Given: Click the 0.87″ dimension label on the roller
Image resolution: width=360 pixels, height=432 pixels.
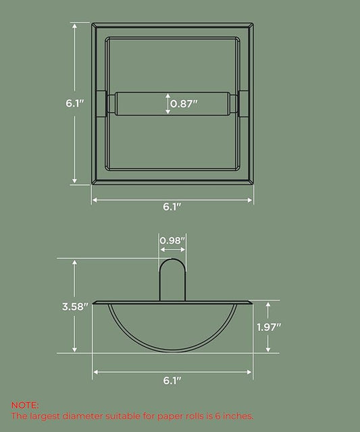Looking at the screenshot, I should [x=184, y=103].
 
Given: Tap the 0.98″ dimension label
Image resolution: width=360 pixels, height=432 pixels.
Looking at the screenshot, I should [x=172, y=240].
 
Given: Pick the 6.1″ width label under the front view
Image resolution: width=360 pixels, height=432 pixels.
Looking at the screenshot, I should [x=172, y=207].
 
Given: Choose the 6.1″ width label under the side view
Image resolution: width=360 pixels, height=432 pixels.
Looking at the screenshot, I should [x=172, y=381].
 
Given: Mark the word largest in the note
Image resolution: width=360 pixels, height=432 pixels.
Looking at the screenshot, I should [x=48, y=416].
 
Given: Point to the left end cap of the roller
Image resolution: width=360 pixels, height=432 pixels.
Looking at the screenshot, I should [x=110, y=103].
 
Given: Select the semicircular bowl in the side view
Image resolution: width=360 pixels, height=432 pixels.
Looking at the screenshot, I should [x=172, y=327].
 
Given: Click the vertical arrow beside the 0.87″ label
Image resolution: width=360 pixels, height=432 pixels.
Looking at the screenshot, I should [x=168, y=103].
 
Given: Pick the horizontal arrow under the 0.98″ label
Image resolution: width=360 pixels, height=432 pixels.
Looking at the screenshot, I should [x=172, y=250].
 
